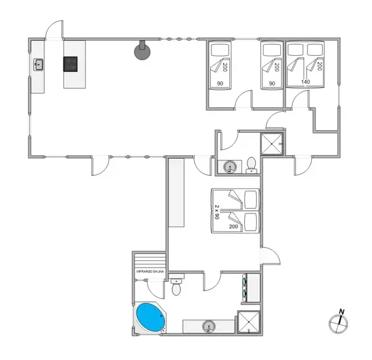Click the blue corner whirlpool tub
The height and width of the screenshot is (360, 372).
tap(149, 317)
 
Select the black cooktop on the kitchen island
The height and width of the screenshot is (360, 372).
tap(70, 63)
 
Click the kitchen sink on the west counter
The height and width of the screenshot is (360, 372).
tap(38, 63)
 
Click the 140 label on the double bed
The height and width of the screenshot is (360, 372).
tap(306, 82)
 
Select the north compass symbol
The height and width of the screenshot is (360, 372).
tap(339, 322)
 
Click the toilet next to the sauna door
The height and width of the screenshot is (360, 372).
tap(177, 288)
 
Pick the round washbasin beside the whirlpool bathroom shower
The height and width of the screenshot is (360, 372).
tap(210, 326)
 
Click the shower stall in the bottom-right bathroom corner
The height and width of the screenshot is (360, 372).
tap(249, 322)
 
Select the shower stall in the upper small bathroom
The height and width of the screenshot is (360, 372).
tap(272, 144)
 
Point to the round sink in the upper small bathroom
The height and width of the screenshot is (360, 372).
tap(230, 166)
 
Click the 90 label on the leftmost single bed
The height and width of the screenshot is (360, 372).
tap(220, 83)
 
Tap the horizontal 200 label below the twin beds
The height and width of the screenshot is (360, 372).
tap(233, 227)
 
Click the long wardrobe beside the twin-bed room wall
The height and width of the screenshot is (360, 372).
tap(177, 193)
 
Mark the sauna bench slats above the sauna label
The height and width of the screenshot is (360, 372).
tap(151, 260)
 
